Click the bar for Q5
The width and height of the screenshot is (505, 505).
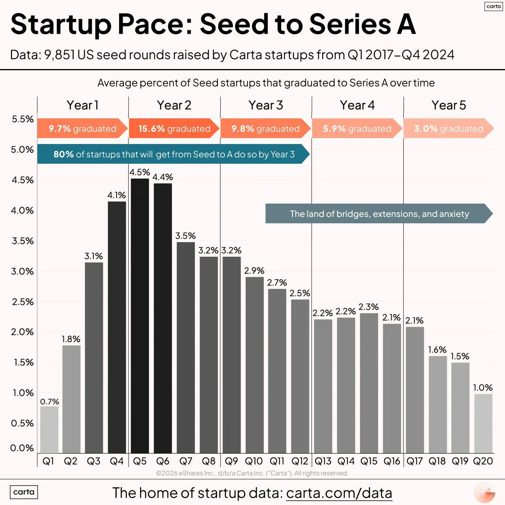click(140, 316)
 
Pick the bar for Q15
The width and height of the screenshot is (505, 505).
click(369, 383)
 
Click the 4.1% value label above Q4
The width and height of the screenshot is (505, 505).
click(116, 195)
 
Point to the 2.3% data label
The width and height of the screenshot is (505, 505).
click(369, 307)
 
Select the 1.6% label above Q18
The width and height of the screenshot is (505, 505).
click(437, 349)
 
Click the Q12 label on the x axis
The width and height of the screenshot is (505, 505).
click(300, 461)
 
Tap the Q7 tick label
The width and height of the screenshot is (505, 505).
click(186, 461)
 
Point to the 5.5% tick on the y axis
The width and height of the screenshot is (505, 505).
click(23, 119)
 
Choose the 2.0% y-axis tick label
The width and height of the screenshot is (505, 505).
click(22, 332)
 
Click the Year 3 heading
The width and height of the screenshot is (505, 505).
click(266, 105)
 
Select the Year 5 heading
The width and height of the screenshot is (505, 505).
click(448, 105)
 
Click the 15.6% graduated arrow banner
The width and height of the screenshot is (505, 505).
click(174, 129)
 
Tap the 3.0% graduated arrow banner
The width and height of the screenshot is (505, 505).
click(448, 129)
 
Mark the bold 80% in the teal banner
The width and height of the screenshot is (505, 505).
click(63, 154)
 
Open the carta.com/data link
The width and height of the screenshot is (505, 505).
click(339, 493)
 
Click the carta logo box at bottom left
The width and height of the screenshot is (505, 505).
click(24, 492)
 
